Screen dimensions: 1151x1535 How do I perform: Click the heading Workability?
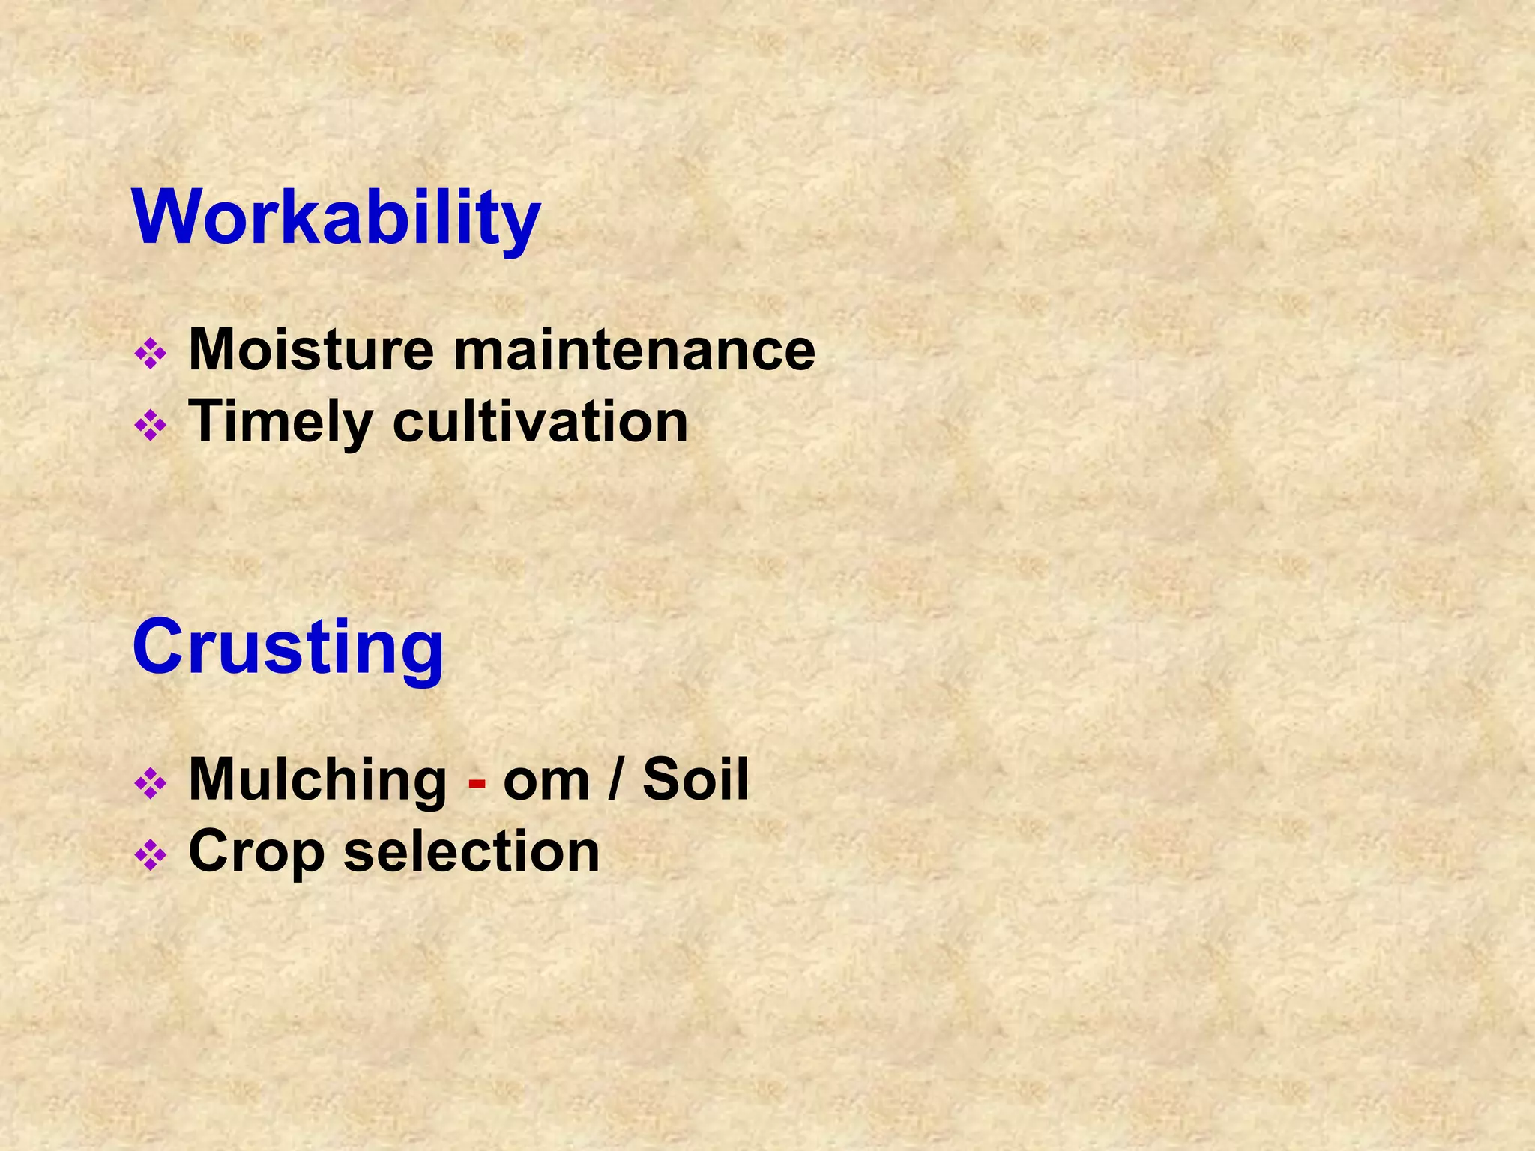click(336, 217)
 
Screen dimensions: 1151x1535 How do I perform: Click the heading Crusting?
click(288, 647)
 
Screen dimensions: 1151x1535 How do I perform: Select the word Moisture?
click(311, 349)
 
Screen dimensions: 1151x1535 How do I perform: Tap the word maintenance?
click(634, 349)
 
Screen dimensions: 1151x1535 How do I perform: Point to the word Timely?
click(280, 422)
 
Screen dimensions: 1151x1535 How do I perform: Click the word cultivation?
click(540, 422)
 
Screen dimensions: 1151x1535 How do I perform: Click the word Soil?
click(696, 779)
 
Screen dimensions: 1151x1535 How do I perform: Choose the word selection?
click(471, 851)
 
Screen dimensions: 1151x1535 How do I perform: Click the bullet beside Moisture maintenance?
click(150, 354)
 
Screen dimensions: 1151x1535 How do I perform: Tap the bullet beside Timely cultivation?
click(150, 426)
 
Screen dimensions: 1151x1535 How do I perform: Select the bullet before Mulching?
click(150, 784)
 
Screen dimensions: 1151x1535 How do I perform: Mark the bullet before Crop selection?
click(150, 856)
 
